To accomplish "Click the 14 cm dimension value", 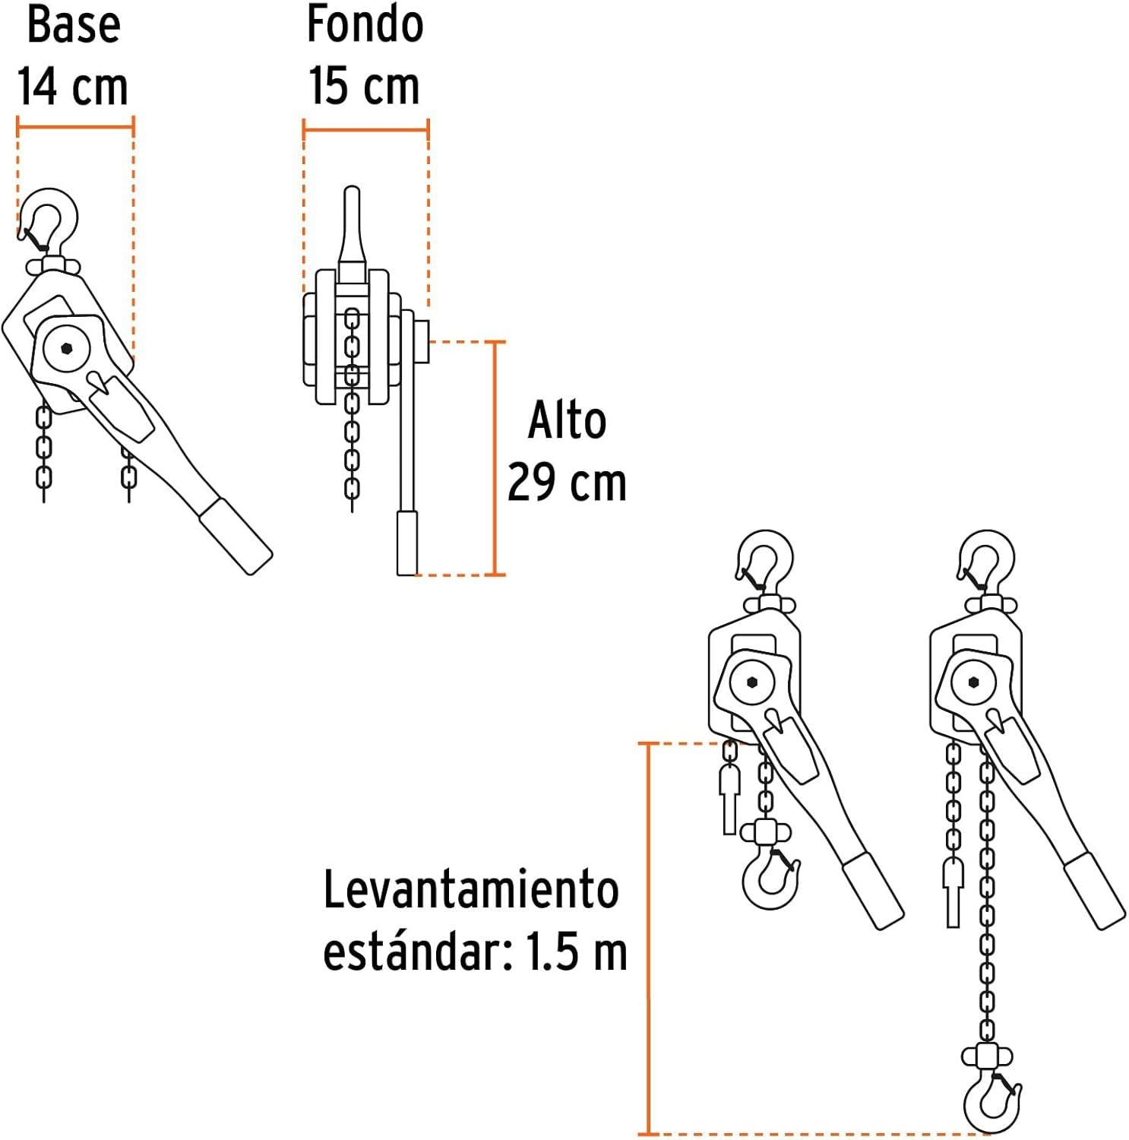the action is [73, 85].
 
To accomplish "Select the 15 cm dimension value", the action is [364, 85].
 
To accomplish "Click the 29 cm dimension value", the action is [567, 482].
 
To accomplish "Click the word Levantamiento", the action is [471, 890].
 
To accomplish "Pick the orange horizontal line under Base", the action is [75, 126].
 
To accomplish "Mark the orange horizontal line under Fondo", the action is [365, 129].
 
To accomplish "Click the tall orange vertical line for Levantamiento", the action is [648, 938].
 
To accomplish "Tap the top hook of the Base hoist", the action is [49, 220].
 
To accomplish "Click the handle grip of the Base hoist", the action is [236, 536].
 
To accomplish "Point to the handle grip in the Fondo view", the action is [407, 543].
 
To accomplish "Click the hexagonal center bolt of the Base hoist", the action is [66, 349].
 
